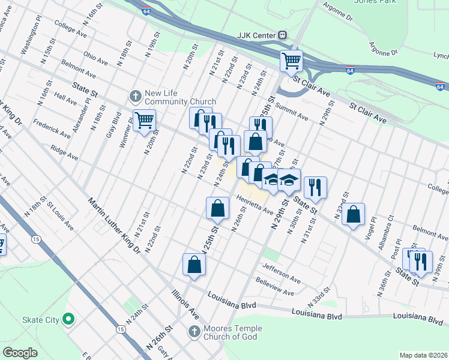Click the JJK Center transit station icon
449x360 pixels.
282,35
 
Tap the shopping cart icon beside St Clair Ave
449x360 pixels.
291,60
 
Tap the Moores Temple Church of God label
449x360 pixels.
231,332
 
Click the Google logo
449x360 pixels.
20,352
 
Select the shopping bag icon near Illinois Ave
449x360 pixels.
194,265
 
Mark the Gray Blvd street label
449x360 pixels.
110,126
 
